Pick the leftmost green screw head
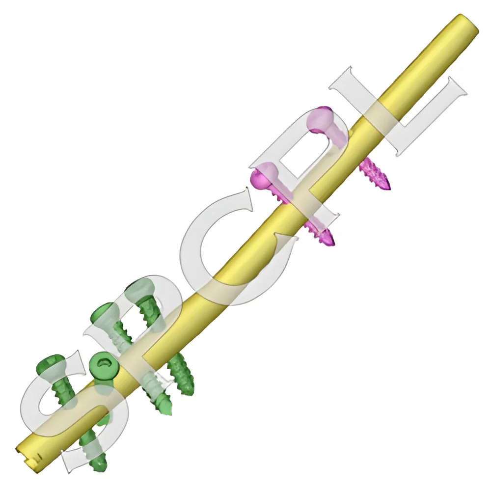50,366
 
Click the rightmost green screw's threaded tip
188,388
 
